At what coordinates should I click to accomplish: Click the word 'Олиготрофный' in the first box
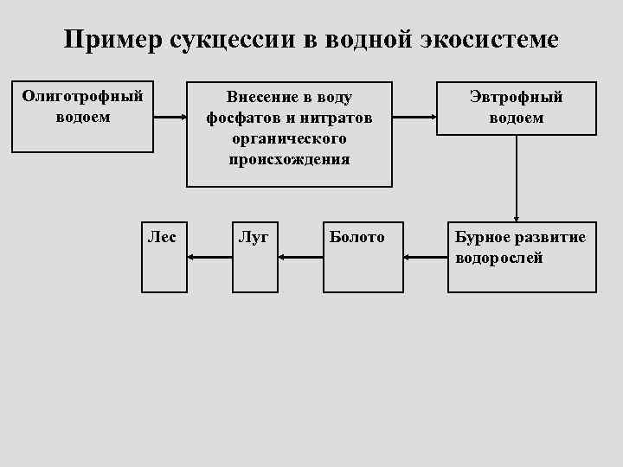[82, 96]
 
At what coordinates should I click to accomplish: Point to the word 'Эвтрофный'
[516, 97]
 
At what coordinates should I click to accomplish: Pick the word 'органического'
[289, 138]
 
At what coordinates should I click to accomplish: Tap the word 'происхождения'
[289, 159]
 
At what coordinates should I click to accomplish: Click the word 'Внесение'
[258, 97]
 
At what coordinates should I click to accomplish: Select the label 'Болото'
[356, 237]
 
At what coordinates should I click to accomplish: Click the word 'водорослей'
[499, 258]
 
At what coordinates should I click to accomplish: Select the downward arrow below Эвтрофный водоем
[517, 177]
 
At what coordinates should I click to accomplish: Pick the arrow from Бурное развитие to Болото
[426, 256]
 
